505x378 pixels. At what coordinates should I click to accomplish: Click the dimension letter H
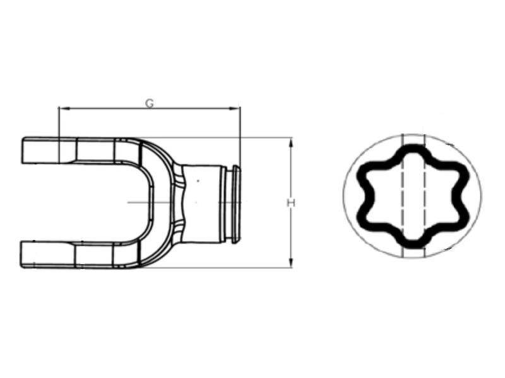291,202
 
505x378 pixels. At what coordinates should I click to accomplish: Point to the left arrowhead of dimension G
62,108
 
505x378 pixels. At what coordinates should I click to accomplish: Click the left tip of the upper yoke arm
25,151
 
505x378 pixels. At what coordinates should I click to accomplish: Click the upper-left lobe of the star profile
366,174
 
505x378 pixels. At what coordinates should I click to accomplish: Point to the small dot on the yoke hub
198,181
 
